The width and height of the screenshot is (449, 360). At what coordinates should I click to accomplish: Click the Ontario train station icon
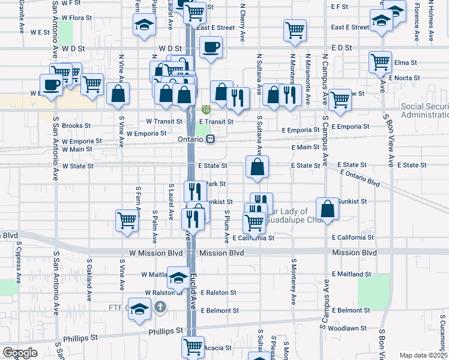click(x=210, y=139)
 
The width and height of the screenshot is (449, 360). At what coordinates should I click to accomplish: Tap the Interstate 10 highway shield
click(x=206, y=110)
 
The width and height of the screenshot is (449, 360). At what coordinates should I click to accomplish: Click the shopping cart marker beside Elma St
click(x=380, y=61)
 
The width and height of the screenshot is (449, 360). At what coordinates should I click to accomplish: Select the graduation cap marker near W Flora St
click(x=143, y=25)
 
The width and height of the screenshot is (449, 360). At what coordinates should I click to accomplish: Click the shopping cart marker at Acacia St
click(x=192, y=346)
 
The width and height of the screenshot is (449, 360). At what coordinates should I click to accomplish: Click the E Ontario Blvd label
click(x=360, y=177)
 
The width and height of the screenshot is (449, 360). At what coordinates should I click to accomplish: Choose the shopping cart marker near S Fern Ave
click(x=127, y=221)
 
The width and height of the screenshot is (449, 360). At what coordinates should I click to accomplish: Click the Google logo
click(x=20, y=352)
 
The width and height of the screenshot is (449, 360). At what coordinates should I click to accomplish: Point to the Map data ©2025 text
click(x=424, y=355)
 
